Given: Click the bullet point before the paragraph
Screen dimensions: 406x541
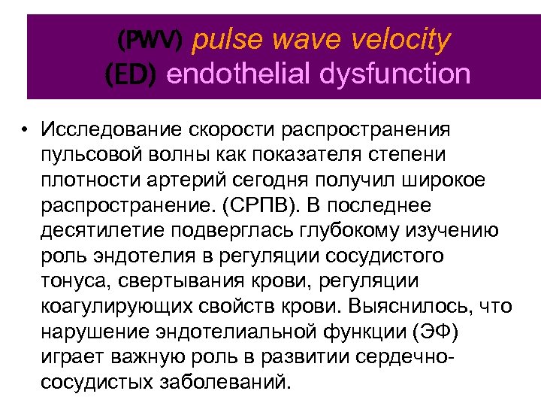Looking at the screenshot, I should point(26,129).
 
